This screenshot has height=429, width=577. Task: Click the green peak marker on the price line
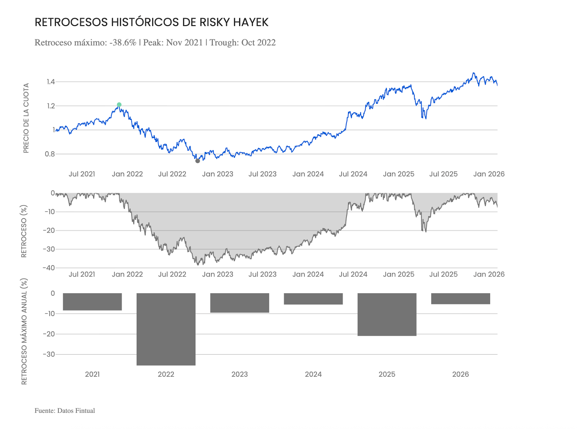[119, 105]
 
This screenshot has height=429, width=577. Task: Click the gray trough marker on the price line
[198, 161]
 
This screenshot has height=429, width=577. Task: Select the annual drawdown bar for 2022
[166, 329]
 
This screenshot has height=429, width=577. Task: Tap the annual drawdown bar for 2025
[387, 314]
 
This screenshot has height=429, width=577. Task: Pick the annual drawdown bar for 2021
[92, 301]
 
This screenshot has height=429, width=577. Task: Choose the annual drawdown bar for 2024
[313, 299]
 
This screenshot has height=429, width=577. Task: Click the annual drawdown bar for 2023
[239, 303]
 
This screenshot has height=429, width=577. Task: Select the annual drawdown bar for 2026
[461, 299]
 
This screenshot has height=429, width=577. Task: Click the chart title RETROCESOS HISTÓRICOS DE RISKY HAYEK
[151, 22]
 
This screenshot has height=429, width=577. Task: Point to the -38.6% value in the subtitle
[123, 43]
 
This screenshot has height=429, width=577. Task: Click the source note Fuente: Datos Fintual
[65, 411]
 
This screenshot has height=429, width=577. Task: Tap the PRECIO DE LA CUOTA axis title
[26, 118]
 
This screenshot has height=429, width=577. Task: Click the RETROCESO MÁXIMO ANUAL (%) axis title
[24, 331]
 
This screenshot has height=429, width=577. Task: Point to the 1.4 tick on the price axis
[50, 82]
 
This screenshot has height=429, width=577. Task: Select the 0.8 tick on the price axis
[50, 154]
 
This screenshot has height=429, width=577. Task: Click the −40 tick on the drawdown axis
[49, 268]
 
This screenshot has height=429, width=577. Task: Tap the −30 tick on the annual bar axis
[49, 354]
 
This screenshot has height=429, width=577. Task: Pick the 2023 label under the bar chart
[239, 374]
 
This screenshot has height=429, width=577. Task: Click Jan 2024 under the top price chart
[308, 174]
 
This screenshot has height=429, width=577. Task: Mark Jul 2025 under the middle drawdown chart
[443, 274]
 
